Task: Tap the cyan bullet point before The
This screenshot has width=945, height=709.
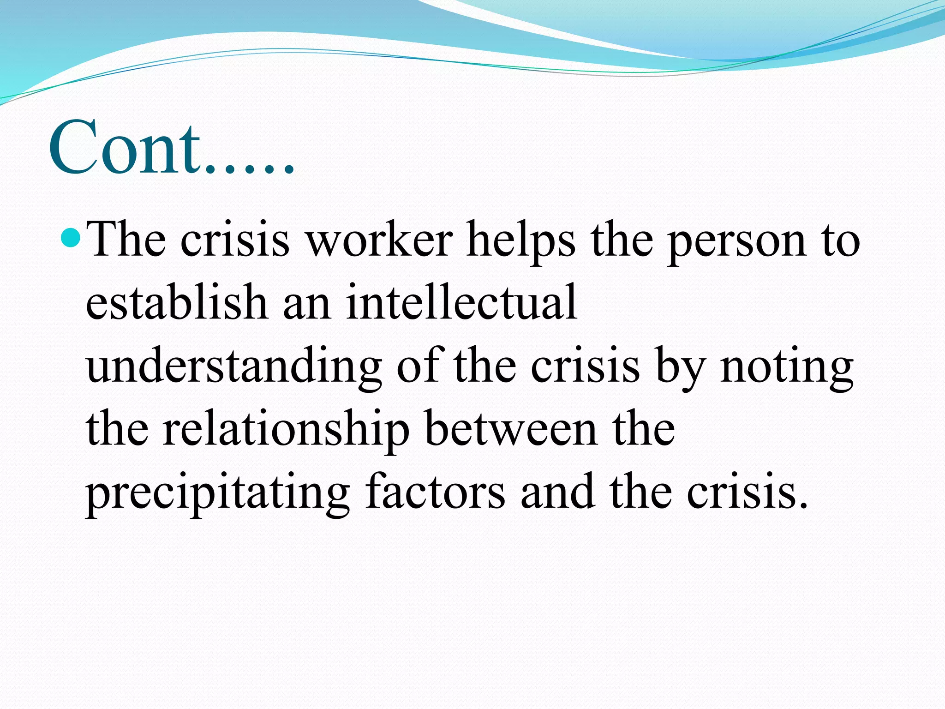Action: (71, 239)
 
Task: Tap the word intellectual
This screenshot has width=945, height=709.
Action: (461, 302)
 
